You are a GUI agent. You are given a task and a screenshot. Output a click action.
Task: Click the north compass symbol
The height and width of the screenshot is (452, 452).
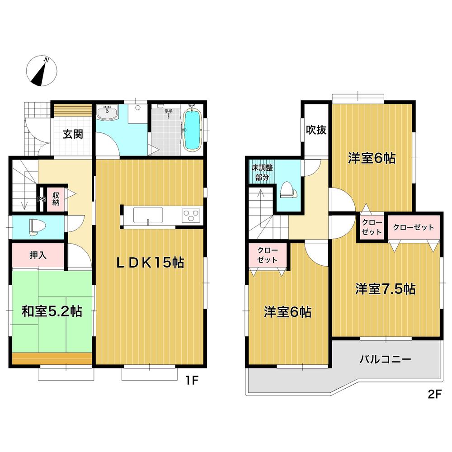pyautogui.click(x=42, y=72)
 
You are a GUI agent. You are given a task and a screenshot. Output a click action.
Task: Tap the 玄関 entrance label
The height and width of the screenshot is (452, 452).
pyautogui.click(x=72, y=134)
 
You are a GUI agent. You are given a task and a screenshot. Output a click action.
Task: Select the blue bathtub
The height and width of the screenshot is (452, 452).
pyautogui.click(x=193, y=129)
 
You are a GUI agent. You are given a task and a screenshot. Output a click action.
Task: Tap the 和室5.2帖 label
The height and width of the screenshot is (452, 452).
pyautogui.click(x=52, y=311)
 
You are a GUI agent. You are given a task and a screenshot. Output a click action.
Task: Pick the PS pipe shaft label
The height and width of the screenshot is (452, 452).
pyautogui.click(x=41, y=199)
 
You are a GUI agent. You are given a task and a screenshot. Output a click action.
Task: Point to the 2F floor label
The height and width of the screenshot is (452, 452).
pyautogui.click(x=433, y=394)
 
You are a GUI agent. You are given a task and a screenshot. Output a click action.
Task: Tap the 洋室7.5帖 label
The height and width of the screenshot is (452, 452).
pyautogui.click(x=385, y=289)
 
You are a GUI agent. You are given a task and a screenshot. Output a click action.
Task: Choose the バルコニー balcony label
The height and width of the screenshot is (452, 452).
pyautogui.click(x=385, y=360)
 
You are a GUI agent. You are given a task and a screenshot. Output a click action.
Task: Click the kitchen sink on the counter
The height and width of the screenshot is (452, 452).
pyautogui.click(x=147, y=215)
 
